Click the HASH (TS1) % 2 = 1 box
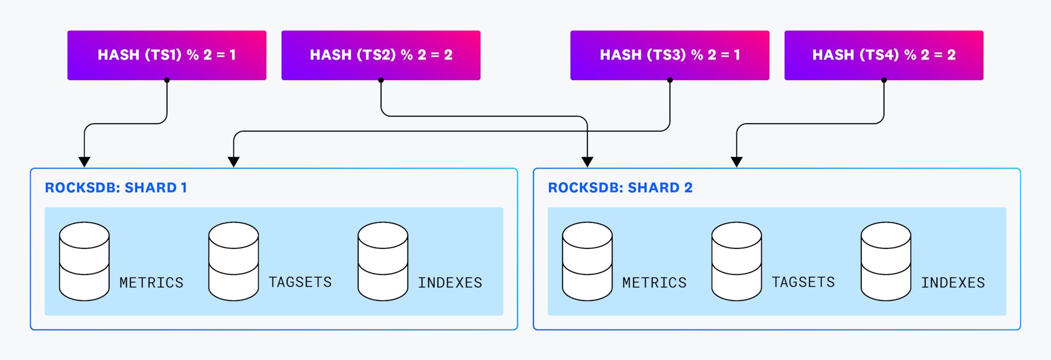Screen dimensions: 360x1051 tap(166, 55)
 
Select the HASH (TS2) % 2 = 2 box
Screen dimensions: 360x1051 tap(380, 55)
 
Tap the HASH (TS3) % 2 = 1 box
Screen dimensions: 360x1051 tap(669, 55)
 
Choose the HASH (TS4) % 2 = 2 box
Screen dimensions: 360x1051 tap(883, 55)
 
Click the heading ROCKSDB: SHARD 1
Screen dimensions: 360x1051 tap(116, 188)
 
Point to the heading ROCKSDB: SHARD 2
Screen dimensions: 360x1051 tap(620, 188)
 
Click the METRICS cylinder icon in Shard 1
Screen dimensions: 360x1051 tap(84, 261)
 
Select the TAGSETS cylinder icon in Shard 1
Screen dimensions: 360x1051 tap(233, 261)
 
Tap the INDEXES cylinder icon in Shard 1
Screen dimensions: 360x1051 tap(383, 261)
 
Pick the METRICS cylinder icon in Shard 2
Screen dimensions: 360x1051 tap(587, 261)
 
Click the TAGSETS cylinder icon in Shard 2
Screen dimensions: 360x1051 tap(736, 261)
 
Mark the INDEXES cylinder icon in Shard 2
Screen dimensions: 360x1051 tap(885, 261)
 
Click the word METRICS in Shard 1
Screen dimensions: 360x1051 tap(151, 283)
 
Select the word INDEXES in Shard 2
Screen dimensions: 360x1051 tap(952, 283)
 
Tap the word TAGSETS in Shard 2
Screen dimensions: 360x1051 tap(803, 282)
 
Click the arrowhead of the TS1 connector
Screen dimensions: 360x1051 tap(84, 162)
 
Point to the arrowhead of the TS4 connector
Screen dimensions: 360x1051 tap(736, 162)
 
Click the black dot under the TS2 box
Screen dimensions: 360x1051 tap(381, 80)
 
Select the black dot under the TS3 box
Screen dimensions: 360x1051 tap(670, 80)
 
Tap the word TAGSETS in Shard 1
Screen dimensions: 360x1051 tap(300, 282)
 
